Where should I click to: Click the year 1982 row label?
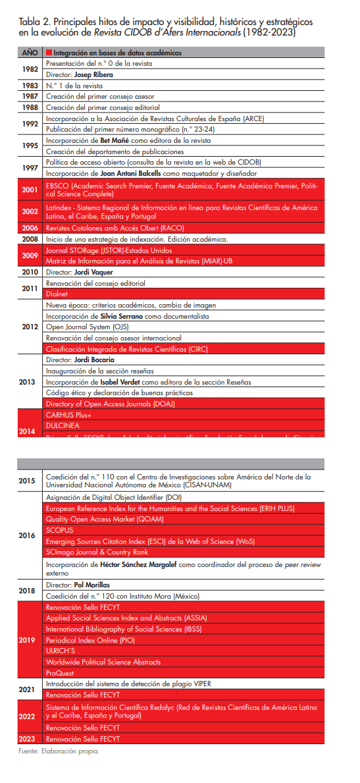coord(30,69)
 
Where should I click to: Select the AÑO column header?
coord(30,52)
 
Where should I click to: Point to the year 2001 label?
coord(30,190)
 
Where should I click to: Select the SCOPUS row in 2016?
coord(59,530)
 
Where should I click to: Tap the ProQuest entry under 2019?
coord(61,672)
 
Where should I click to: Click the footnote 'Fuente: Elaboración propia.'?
coord(59,751)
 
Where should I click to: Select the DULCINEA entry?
coord(63,425)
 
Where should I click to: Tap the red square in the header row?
coord(49,52)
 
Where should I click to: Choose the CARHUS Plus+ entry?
coord(68,415)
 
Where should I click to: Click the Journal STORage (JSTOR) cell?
coord(109,250)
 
